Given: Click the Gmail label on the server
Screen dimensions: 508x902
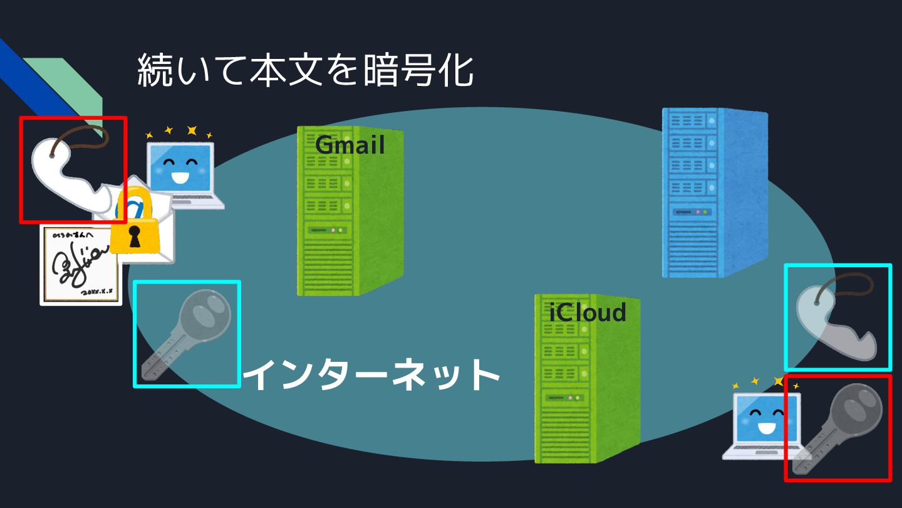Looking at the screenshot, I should (x=350, y=146).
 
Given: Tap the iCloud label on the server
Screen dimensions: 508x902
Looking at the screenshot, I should (x=587, y=312).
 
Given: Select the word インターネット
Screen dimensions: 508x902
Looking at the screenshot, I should (x=371, y=375).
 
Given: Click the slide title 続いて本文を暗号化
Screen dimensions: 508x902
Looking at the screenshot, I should (x=305, y=70).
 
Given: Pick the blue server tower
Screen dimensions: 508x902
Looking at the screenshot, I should (x=714, y=192).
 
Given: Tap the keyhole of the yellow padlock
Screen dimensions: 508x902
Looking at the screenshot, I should (x=133, y=236).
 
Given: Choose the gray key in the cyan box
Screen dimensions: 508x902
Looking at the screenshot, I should (x=187, y=334).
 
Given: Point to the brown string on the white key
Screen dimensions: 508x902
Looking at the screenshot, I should (x=78, y=135).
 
